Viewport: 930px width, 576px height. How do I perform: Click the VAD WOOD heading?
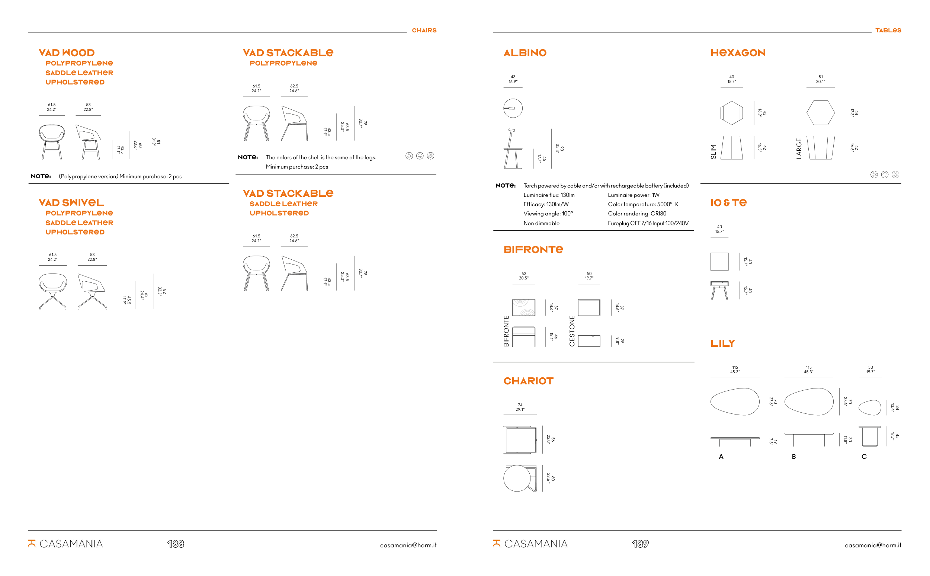click(67, 52)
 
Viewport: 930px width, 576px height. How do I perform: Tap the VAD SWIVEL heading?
click(71, 203)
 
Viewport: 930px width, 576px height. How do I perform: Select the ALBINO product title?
click(525, 52)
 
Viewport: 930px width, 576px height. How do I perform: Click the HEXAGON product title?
click(738, 52)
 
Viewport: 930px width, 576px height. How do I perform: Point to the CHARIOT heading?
click(528, 381)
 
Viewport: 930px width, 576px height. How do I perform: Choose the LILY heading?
click(722, 343)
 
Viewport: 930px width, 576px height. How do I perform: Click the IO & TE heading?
click(728, 203)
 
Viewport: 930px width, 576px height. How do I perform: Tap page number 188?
click(176, 544)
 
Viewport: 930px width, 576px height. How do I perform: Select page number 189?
click(640, 544)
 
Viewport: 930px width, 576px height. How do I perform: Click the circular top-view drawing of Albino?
click(513, 108)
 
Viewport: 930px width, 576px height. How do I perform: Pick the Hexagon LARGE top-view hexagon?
click(820, 112)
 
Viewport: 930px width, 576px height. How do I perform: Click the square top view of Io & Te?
click(719, 261)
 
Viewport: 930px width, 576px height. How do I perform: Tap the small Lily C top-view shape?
click(870, 407)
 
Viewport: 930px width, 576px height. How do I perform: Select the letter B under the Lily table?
click(793, 457)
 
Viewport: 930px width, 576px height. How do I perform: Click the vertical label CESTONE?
click(572, 331)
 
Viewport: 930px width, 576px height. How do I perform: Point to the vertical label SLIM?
click(713, 151)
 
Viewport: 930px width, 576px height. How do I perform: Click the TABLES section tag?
click(888, 31)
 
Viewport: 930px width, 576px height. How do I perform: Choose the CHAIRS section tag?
click(424, 31)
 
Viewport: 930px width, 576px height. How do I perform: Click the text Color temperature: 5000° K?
click(643, 204)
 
